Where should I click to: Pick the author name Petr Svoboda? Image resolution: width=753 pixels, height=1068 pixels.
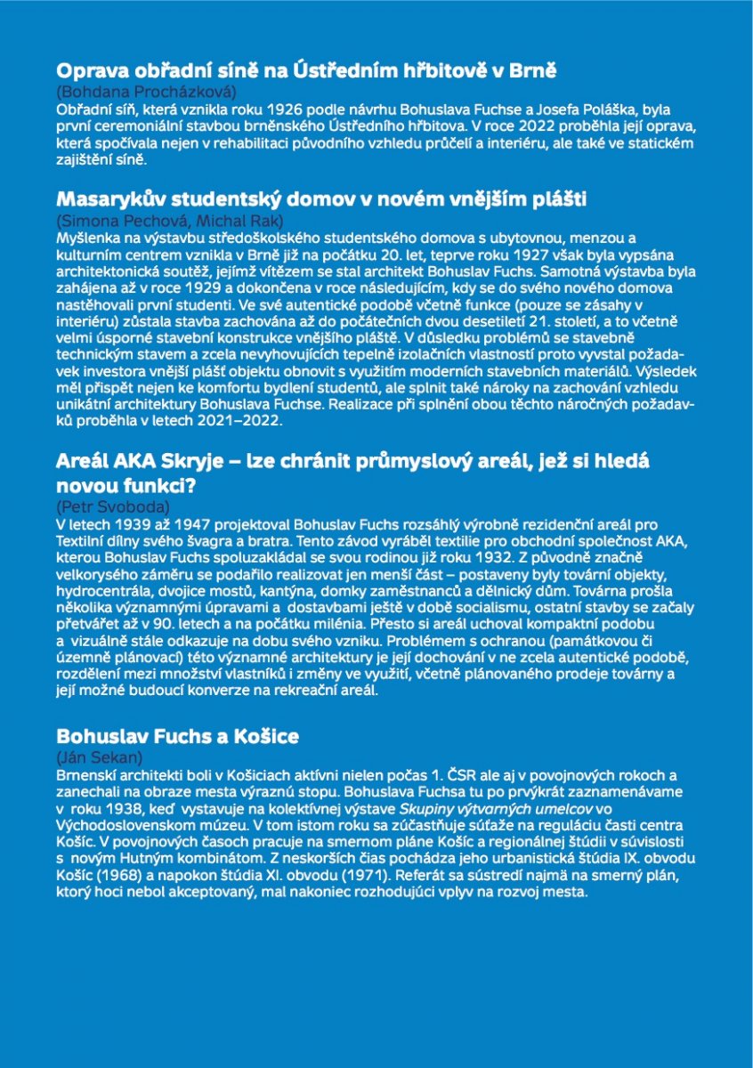pyautogui.click(x=113, y=506)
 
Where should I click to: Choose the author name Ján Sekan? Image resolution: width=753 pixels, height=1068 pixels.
pyautogui.click(x=99, y=757)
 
